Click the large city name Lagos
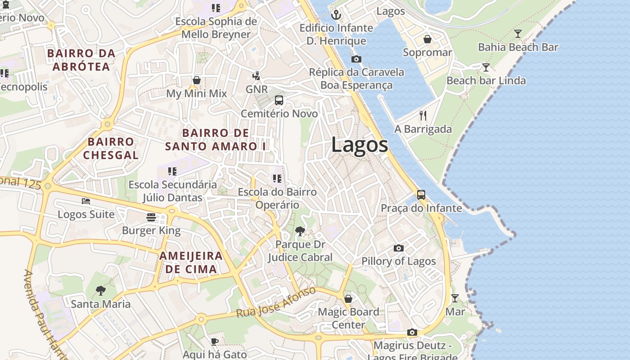click(360, 145)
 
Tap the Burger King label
click(151, 231)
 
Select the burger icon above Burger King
click(151, 217)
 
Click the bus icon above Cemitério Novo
click(279, 100)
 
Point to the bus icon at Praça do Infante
click(421, 194)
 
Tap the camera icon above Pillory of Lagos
click(398, 248)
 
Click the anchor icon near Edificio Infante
click(336, 15)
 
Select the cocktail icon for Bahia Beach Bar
click(518, 34)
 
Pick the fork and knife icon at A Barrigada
click(423, 116)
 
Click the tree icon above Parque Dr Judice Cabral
click(300, 231)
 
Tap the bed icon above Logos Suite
click(86, 201)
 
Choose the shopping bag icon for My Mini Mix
click(197, 80)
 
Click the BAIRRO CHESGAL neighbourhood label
click(111, 148)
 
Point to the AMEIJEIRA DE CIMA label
click(191, 263)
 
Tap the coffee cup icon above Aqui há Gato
click(215, 342)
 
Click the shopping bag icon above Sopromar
click(427, 39)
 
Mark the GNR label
click(257, 89)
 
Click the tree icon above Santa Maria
click(101, 291)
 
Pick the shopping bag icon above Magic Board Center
click(348, 298)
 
